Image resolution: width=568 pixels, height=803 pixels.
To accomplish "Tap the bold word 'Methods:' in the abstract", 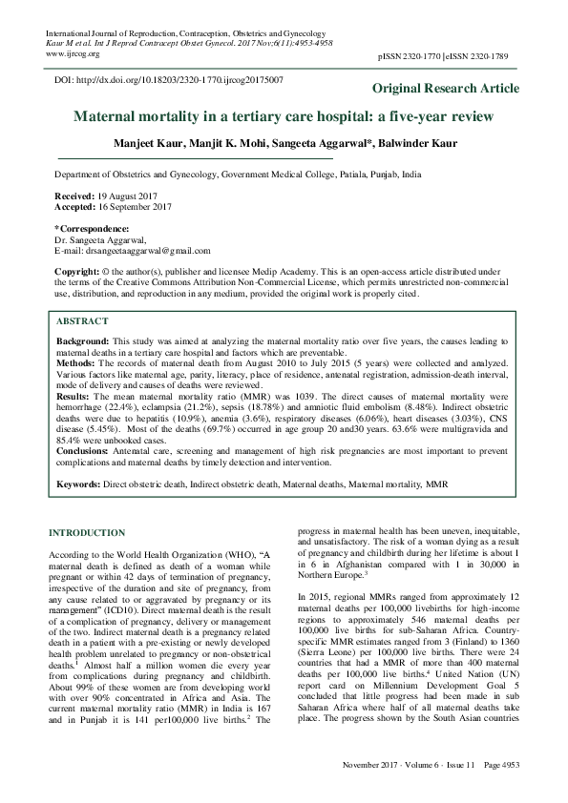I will (76, 363).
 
